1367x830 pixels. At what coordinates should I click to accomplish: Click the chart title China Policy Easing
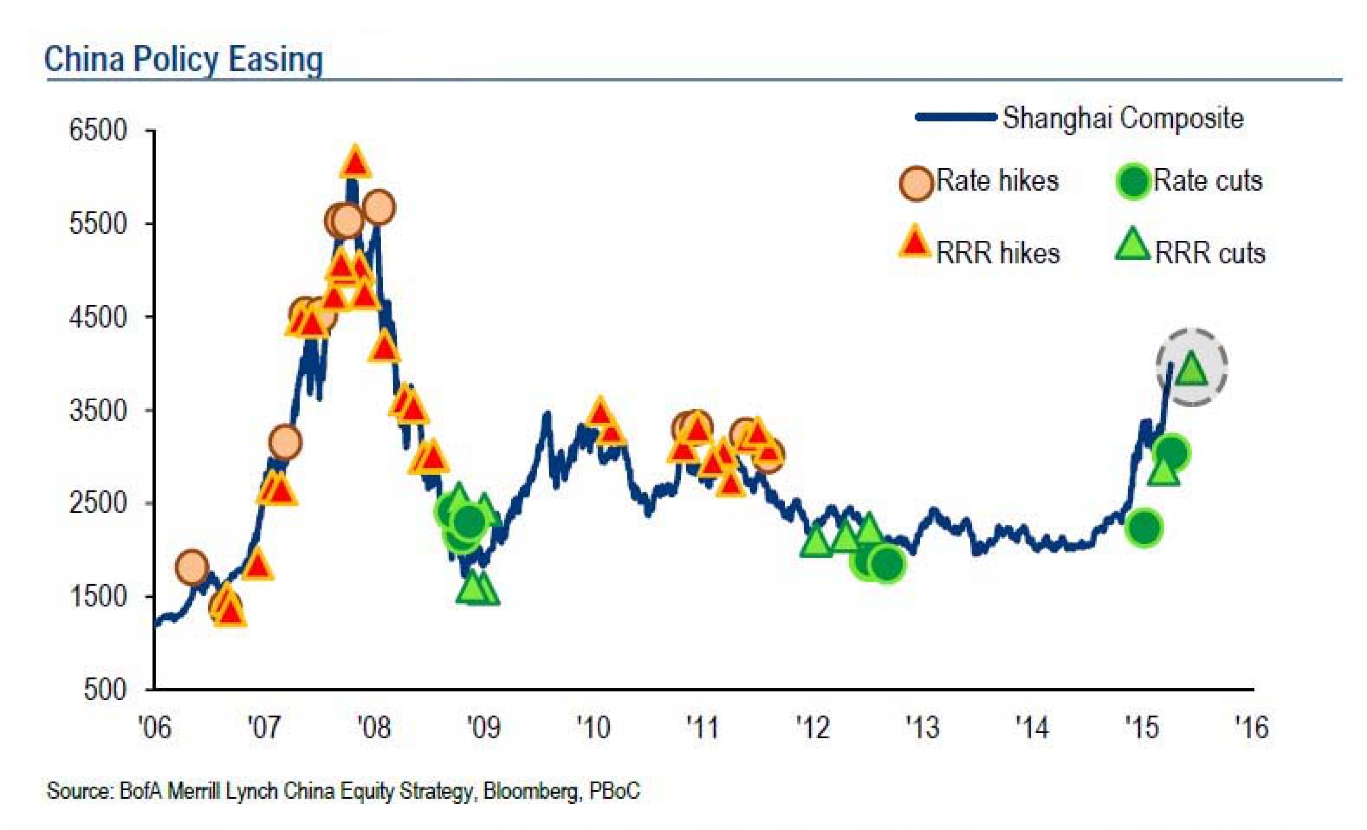tap(183, 59)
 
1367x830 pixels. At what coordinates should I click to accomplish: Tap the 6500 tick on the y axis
tap(98, 131)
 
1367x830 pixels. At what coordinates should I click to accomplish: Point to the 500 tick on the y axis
tap(105, 690)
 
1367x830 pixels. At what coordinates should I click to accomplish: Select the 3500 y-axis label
tap(98, 411)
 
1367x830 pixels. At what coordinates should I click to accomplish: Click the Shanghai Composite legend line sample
tap(956, 117)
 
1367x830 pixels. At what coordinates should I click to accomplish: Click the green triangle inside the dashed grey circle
tap(1191, 370)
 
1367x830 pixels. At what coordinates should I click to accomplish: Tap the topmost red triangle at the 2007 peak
tap(356, 163)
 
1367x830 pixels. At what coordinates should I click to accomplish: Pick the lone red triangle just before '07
tap(257, 566)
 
